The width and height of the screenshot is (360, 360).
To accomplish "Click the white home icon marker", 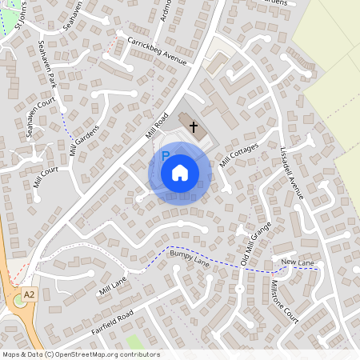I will [180, 173].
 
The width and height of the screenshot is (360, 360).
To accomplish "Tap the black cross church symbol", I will [194, 126].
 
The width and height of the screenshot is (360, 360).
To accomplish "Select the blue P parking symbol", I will [165, 155].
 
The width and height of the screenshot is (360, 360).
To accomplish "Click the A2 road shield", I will [30, 294].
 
